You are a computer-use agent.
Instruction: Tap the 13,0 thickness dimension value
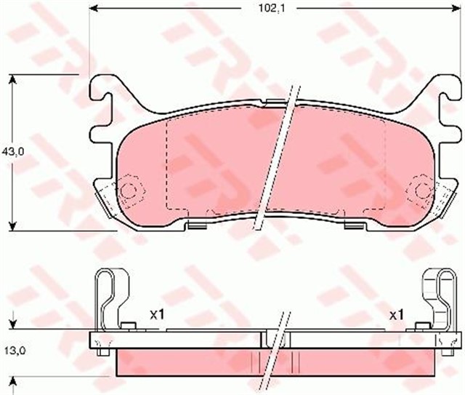tap(15, 351)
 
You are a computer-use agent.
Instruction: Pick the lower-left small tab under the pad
tap(195, 224)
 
